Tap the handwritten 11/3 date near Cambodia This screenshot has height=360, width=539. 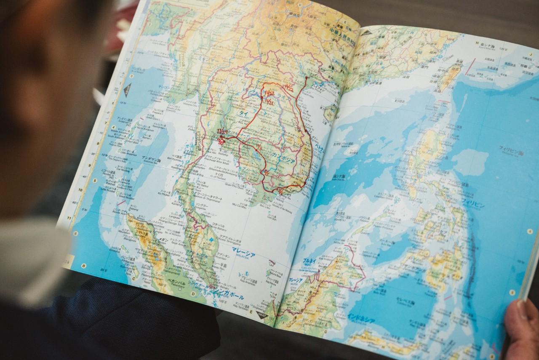258,148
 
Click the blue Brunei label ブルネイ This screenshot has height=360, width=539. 309,261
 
